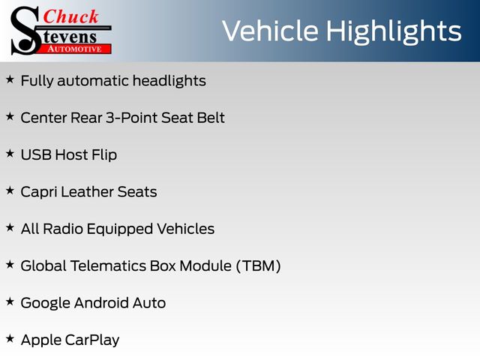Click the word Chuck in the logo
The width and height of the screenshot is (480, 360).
click(70, 16)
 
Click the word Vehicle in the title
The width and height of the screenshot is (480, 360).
click(270, 31)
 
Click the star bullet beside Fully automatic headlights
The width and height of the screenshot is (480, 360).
click(10, 79)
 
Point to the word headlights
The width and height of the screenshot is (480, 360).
click(169, 81)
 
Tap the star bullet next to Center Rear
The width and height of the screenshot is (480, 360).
click(10, 117)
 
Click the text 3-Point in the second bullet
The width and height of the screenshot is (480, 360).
click(131, 118)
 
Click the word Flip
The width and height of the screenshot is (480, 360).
click(104, 155)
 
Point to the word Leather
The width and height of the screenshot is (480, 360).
click(87, 192)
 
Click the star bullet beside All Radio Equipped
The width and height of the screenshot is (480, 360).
click(10, 228)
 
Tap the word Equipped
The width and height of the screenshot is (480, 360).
click(120, 229)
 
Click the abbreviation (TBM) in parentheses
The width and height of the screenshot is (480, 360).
click(258, 265)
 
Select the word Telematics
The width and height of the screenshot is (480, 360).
click(108, 265)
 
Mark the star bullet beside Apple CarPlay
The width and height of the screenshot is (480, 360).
click(10, 339)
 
